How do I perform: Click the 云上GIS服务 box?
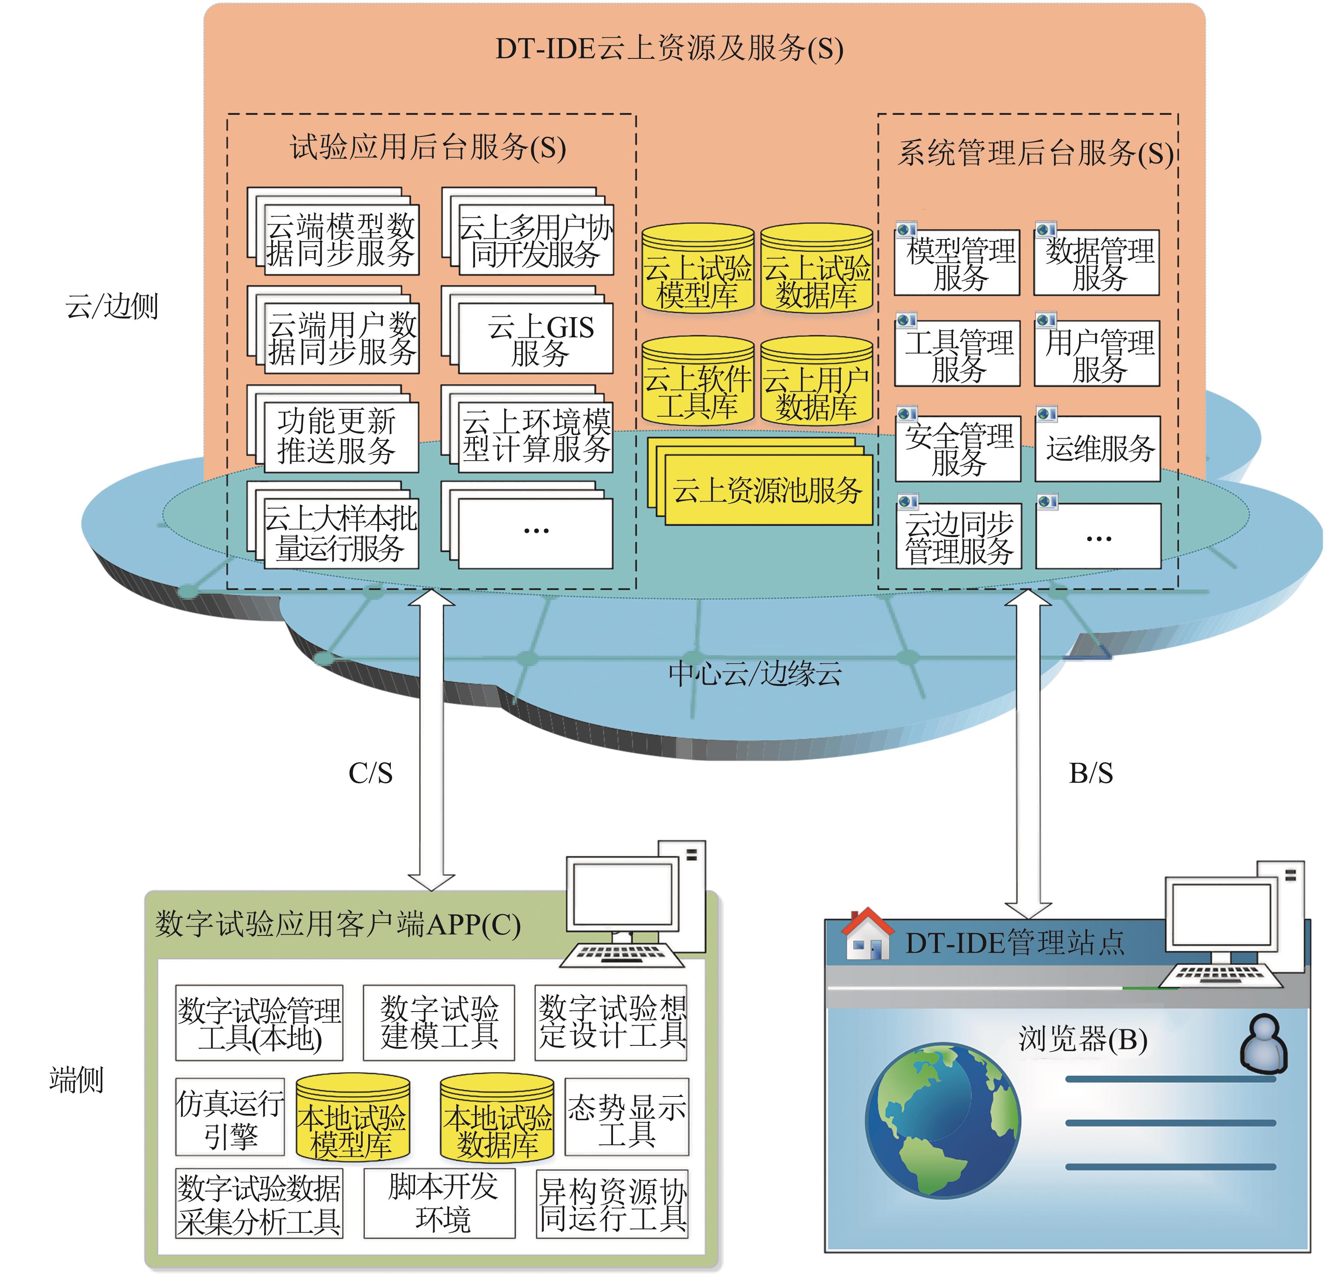click(x=536, y=339)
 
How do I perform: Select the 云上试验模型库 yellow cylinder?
click(x=698, y=271)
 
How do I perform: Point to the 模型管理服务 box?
click(x=958, y=263)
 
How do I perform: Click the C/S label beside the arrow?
click(x=370, y=773)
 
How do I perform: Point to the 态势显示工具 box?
click(x=626, y=1118)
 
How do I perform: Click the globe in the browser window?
click(x=943, y=1120)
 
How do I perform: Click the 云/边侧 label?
click(x=112, y=307)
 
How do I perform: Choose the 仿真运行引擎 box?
click(x=230, y=1118)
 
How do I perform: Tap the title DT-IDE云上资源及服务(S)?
click(x=669, y=49)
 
